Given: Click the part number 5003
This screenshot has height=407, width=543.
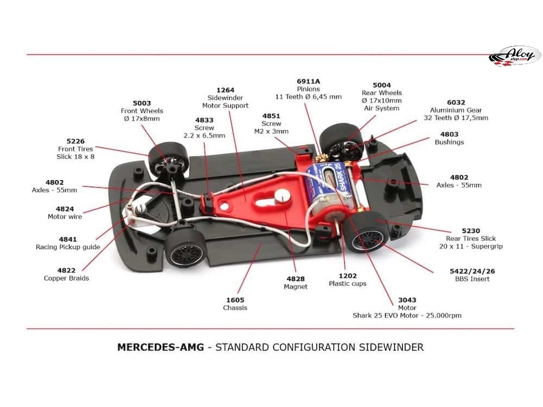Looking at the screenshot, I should pyautogui.click(x=142, y=103).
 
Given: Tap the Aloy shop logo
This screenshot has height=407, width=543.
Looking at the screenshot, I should pyautogui.click(x=515, y=56).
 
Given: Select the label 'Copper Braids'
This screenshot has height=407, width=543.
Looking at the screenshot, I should pyautogui.click(x=66, y=278).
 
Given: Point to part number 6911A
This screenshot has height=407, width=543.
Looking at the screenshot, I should pyautogui.click(x=308, y=81).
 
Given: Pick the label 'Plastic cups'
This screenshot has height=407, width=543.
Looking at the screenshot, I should pyautogui.click(x=348, y=284).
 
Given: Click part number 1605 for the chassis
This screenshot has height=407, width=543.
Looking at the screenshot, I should pyautogui.click(x=235, y=300).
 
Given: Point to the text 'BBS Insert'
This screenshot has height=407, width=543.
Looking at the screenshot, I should pyautogui.click(x=472, y=279).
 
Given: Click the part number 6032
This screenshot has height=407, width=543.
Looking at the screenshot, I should pyautogui.click(x=456, y=101).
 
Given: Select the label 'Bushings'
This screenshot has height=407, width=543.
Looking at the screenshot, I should pyautogui.click(x=449, y=142).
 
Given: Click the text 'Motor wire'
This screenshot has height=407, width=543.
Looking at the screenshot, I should pyautogui.click(x=65, y=217).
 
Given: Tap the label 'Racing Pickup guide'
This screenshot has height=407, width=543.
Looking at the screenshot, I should pyautogui.click(x=68, y=247).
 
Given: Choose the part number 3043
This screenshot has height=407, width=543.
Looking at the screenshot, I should pyautogui.click(x=407, y=300).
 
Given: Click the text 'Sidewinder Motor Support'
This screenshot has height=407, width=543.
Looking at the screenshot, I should pyautogui.click(x=225, y=101).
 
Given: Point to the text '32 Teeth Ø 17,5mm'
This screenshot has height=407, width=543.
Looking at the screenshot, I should pyautogui.click(x=459, y=118).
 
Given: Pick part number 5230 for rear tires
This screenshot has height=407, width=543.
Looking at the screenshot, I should pyautogui.click(x=471, y=231).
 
